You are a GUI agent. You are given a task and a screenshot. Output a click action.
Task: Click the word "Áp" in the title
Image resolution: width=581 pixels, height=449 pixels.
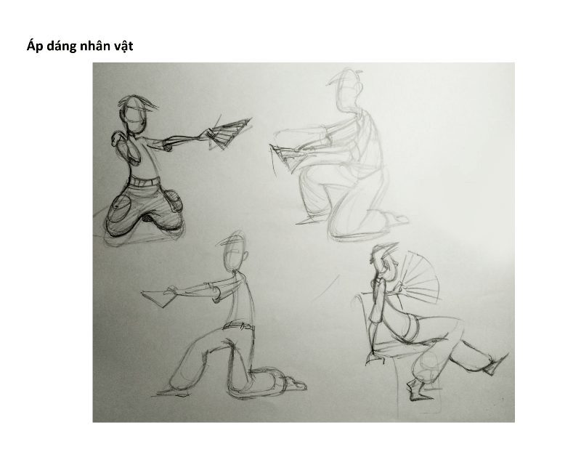click(35, 46)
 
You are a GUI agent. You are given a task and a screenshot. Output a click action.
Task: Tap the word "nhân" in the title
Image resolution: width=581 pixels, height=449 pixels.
click(102, 46)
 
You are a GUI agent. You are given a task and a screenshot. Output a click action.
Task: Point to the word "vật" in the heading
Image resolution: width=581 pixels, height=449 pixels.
click(137, 46)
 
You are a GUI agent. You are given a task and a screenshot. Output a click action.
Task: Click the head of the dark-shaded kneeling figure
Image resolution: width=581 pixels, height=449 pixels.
click(134, 115)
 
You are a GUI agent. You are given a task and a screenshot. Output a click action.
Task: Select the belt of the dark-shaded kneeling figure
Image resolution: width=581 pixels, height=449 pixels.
click(144, 182)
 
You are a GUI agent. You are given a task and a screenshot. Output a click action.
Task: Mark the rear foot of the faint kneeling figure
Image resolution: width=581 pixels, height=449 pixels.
click(397, 218)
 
